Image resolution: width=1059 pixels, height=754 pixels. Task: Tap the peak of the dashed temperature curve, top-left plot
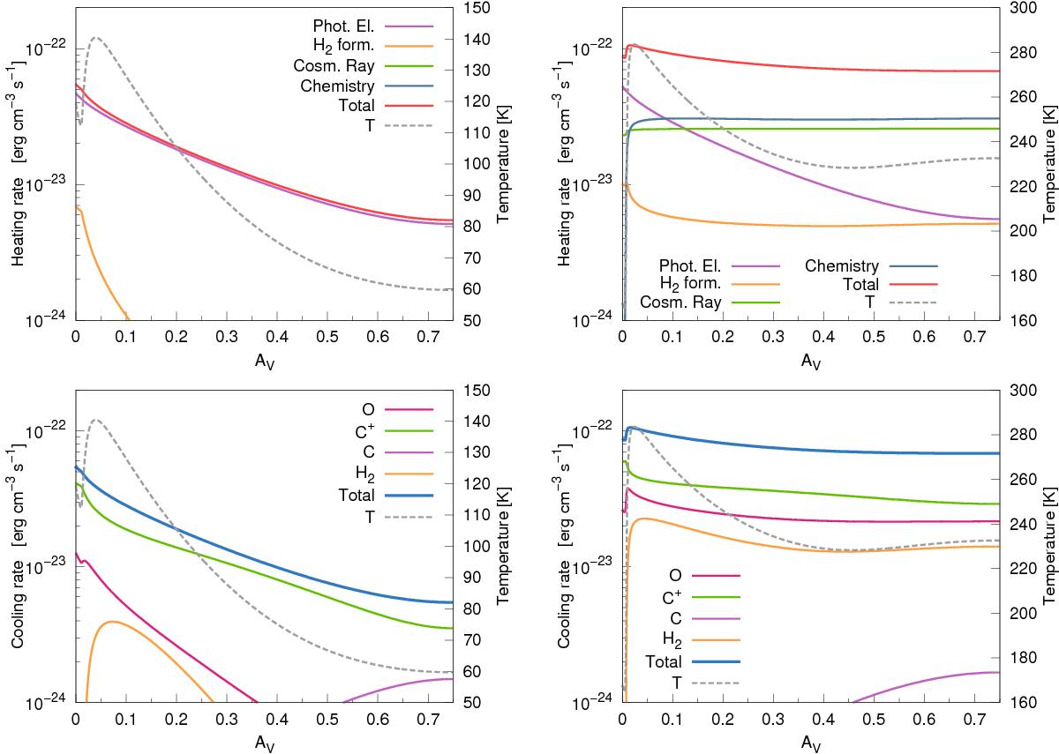tap(94, 38)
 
